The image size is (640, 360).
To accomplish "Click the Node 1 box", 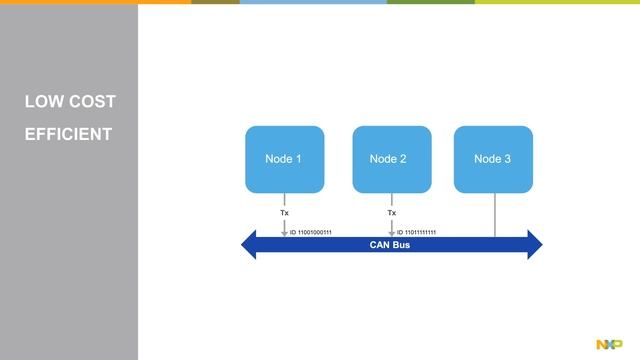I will [284, 159].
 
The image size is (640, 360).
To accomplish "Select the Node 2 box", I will [391, 159].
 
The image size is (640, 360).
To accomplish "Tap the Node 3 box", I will [493, 159].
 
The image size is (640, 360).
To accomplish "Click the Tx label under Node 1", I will [284, 212].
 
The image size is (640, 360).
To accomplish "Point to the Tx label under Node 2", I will [391, 212].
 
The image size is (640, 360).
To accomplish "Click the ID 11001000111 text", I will [310, 233].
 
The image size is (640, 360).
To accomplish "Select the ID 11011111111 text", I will [416, 233].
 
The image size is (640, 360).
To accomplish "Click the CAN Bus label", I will [391, 245].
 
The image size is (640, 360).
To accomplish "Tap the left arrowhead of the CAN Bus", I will [249, 245].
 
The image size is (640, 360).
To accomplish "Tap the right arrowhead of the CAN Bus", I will [534, 245].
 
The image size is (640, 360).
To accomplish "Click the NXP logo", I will [609, 344].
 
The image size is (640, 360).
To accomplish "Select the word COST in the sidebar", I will [93, 102].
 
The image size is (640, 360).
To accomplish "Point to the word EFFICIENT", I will [68, 134].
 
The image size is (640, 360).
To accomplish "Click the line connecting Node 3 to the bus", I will [495, 214].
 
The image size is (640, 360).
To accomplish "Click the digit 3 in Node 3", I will [508, 159].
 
